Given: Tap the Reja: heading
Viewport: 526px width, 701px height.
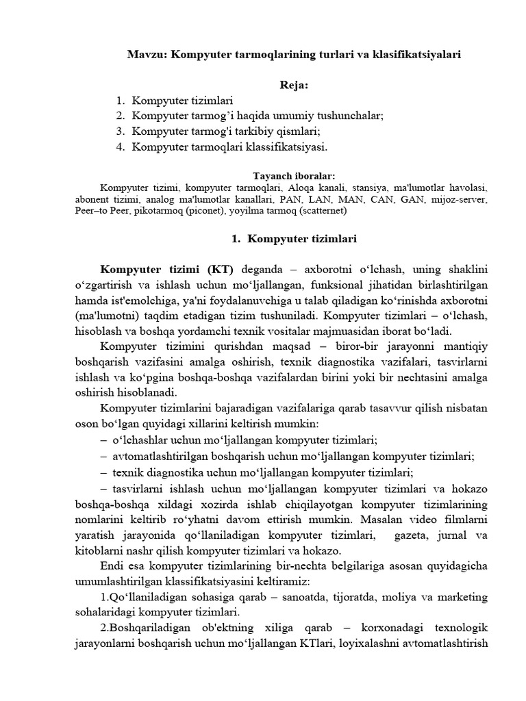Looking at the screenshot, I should pyautogui.click(x=294, y=85).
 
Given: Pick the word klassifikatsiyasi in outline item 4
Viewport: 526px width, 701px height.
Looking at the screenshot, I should pyautogui.click(x=281, y=146).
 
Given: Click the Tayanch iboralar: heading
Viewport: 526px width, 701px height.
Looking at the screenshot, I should pyautogui.click(x=294, y=176).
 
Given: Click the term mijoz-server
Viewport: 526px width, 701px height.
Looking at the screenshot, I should pyautogui.click(x=464, y=199).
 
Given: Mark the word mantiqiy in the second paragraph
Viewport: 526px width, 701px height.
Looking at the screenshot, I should pyautogui.click(x=466, y=346).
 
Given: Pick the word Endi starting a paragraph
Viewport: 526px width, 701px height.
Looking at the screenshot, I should pyautogui.click(x=112, y=566).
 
